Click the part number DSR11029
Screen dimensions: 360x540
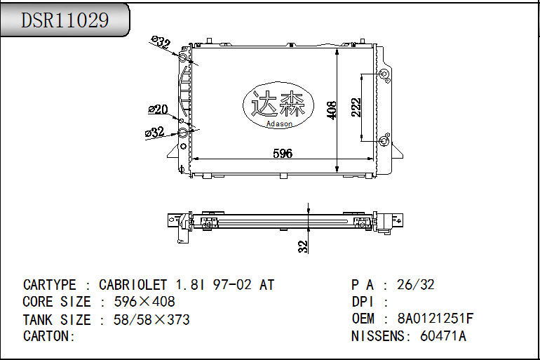pos(65,20)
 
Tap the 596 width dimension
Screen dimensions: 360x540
pos(282,154)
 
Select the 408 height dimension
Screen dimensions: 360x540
pos(332,108)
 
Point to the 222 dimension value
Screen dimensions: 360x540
pos(356,107)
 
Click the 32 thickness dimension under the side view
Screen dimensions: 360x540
pos(303,246)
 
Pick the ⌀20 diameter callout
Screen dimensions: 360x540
pos(158,109)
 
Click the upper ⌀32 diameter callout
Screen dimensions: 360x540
pos(162,44)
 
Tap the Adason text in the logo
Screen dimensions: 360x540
pos(279,124)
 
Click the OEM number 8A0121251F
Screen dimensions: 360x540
pos(435,319)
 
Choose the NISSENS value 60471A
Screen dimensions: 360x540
pos(443,336)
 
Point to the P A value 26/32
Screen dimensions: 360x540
pos(416,285)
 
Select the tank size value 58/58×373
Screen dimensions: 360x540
pos(144,319)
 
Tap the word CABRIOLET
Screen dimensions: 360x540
pos(133,285)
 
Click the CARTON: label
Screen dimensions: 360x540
pos(49,336)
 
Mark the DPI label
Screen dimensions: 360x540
pos(365,302)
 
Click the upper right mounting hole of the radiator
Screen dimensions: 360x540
pos(384,75)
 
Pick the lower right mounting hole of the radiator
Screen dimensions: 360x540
pos(384,142)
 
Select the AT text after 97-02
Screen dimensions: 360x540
pos(266,285)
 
